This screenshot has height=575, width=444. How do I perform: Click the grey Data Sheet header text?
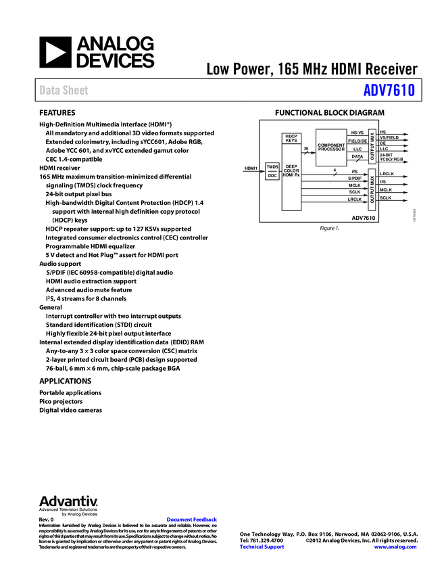pos(64,91)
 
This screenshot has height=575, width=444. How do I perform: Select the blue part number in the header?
pos(389,90)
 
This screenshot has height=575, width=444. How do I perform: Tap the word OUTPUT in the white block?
pos(372,194)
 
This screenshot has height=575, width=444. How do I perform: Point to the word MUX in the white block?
pos(372,179)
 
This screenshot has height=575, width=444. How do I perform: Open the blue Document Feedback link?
pos(193,520)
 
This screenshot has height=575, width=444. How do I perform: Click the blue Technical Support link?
pos(262,547)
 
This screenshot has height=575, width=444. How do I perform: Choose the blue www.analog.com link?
pos(395,547)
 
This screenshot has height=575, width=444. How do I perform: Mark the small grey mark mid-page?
pos(171,343)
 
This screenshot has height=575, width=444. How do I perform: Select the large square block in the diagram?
pos(331,147)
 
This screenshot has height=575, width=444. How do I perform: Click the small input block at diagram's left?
pos(272,172)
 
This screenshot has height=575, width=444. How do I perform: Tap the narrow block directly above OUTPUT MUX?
pos(371,146)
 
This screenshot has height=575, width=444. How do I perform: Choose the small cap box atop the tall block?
pos(292,137)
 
